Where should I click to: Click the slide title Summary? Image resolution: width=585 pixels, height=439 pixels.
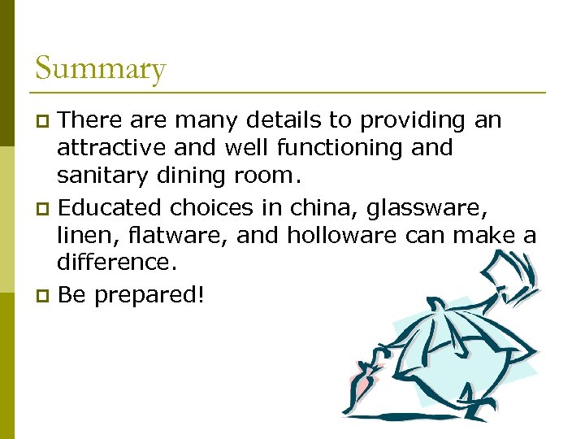(x=101, y=68)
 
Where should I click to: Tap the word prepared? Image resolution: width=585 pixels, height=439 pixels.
(x=149, y=295)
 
